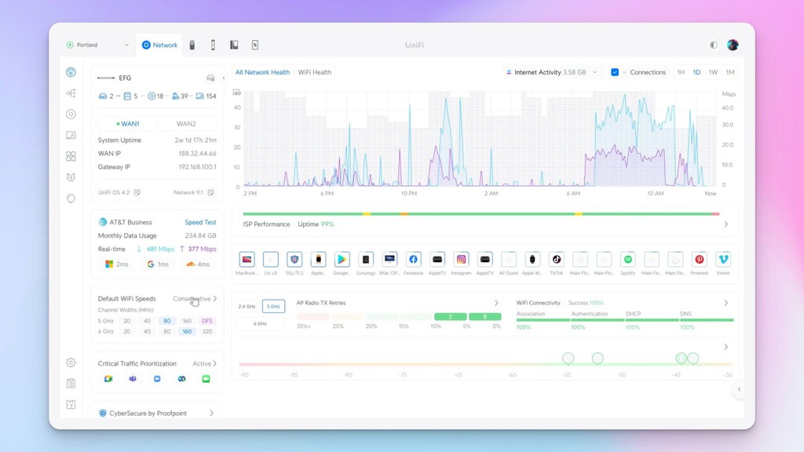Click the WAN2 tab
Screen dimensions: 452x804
point(186,124)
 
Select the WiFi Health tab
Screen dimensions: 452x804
point(314,72)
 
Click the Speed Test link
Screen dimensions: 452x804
point(200,223)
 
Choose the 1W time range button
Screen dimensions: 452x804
point(713,72)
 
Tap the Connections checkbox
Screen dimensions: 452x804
point(615,72)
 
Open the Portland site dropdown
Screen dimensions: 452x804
point(97,46)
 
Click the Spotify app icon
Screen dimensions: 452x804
point(628,260)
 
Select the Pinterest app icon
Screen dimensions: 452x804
point(699,260)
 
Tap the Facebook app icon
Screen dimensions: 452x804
point(414,260)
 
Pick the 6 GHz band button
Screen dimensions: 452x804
point(259,323)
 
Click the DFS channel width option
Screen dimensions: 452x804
point(207,321)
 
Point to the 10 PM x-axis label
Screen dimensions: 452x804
point(408,193)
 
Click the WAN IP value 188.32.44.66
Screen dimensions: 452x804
point(197,154)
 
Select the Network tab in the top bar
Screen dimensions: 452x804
point(159,46)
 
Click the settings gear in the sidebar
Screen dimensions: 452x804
point(71,363)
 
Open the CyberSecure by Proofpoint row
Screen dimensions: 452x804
point(157,413)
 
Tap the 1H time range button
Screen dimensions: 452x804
point(681,72)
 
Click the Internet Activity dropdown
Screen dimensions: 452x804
point(551,72)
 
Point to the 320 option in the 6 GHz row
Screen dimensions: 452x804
point(207,332)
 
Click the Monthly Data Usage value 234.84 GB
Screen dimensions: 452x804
point(200,235)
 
